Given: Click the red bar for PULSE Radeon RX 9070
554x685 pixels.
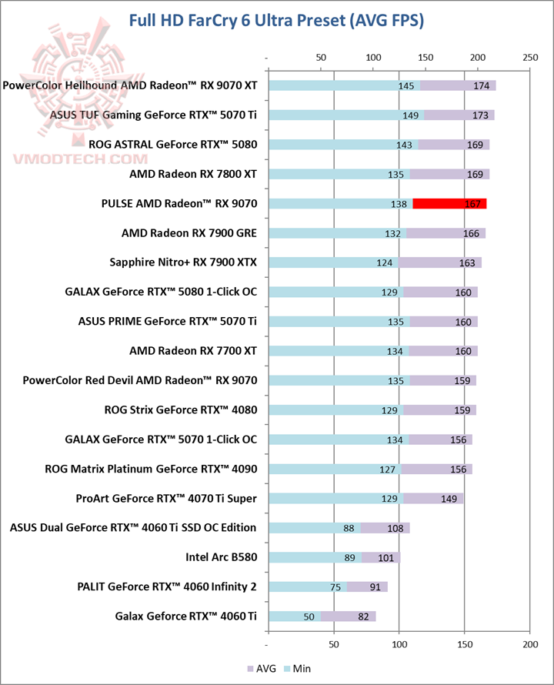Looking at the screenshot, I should (449, 204).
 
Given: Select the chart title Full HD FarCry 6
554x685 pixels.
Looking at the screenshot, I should (277, 21).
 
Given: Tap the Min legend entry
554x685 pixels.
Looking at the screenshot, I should (297, 668).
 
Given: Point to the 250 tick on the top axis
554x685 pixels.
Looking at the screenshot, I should (529, 57).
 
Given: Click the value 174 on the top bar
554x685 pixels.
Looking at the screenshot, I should (482, 85).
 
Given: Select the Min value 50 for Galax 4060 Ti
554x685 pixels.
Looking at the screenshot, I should (309, 616).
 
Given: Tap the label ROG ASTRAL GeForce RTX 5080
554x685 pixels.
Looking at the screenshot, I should (173, 145).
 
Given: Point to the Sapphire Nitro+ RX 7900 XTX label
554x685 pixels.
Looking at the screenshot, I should (184, 262).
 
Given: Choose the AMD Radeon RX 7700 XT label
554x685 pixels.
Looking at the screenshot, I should (193, 351).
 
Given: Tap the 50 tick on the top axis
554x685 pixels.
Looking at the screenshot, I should (321, 57).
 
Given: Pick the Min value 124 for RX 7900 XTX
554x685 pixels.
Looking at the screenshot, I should (385, 263).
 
